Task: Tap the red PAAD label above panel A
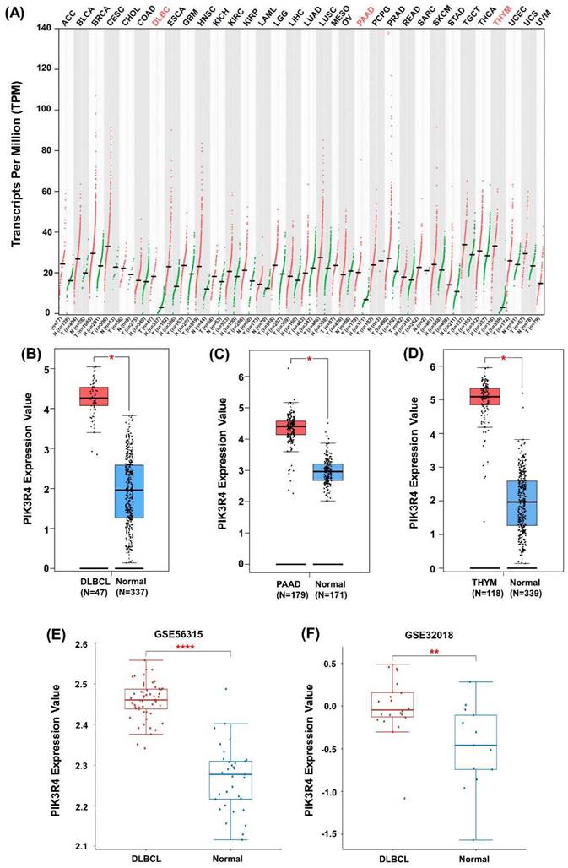click(365, 14)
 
